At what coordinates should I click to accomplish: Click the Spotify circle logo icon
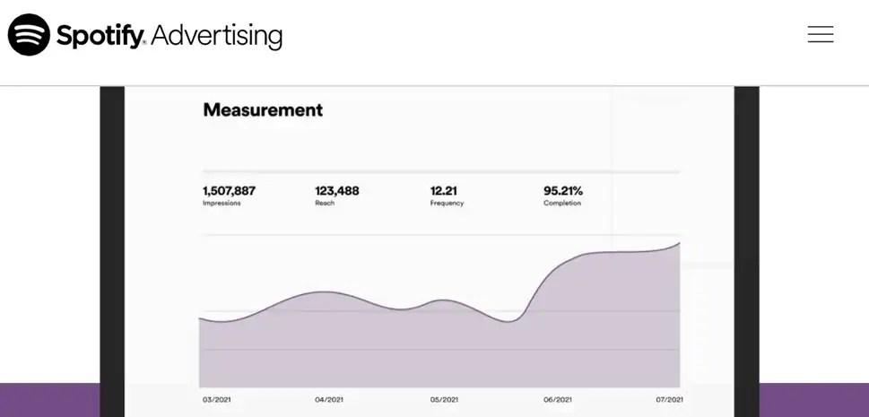click(x=29, y=35)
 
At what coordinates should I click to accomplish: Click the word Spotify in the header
click(x=100, y=36)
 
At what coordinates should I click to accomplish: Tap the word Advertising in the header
click(x=216, y=36)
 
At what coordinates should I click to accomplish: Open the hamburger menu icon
click(x=820, y=34)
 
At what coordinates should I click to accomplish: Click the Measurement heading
click(x=263, y=110)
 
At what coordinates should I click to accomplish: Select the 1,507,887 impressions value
click(x=229, y=190)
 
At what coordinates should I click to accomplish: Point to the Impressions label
click(x=221, y=204)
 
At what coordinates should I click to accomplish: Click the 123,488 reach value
click(x=336, y=190)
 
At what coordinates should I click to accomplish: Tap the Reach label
click(x=325, y=204)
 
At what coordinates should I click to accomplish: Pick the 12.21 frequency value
click(x=444, y=190)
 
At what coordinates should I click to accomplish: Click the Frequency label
click(x=447, y=204)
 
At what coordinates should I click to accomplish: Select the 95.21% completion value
click(x=563, y=190)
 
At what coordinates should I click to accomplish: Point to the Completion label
click(x=562, y=204)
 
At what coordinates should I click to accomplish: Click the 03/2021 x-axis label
click(x=216, y=399)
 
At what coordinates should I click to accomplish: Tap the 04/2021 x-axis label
click(x=329, y=399)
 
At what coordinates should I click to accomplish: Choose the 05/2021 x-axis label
click(x=444, y=399)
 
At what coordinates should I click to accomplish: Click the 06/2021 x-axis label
click(x=557, y=399)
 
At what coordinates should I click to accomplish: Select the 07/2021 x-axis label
click(x=669, y=399)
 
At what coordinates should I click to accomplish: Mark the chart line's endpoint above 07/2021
click(x=679, y=242)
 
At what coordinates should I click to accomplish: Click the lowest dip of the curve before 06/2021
click(x=508, y=321)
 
